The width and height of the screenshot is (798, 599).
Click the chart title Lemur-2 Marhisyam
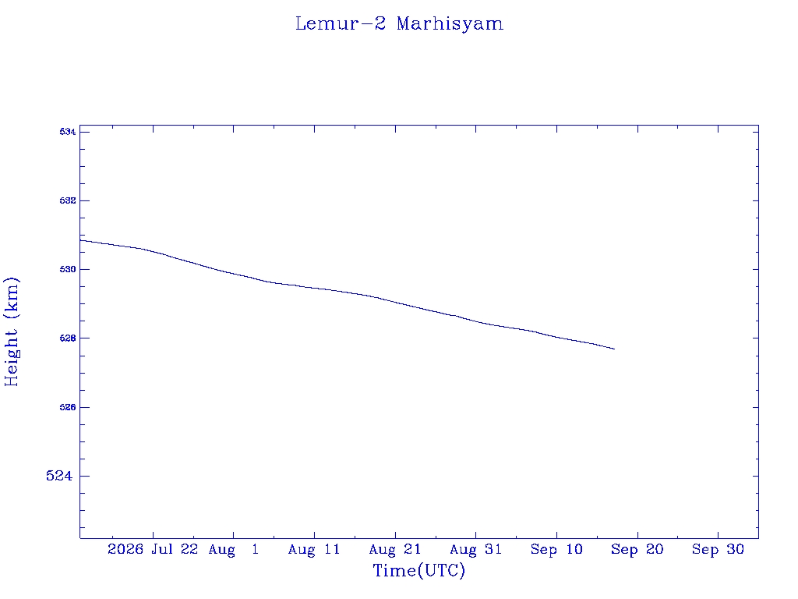[x=399, y=23]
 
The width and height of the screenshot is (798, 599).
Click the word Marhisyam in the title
[x=450, y=24]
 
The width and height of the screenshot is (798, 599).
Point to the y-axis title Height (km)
[x=12, y=331]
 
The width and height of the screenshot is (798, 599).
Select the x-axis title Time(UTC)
[x=418, y=570]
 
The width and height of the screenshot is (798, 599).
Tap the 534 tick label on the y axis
[x=68, y=132]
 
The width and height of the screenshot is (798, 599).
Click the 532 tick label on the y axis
[x=68, y=200]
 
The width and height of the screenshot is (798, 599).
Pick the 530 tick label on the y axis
[x=68, y=269]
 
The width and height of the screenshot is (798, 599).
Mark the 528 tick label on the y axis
[x=68, y=338]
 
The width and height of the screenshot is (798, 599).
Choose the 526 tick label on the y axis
[x=68, y=407]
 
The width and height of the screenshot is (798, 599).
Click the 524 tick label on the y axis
[x=59, y=476]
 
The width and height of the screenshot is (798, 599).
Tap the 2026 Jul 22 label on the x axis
[x=153, y=549]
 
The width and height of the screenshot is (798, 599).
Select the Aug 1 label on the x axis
[x=234, y=550]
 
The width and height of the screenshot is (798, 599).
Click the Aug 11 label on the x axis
[x=314, y=550]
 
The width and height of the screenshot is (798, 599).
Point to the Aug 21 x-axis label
[x=395, y=550]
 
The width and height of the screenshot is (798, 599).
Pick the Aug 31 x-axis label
[x=476, y=550]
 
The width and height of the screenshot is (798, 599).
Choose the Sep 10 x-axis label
[x=556, y=550]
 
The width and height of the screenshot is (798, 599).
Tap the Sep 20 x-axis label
[x=637, y=550]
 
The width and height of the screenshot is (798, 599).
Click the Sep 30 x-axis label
[x=718, y=550]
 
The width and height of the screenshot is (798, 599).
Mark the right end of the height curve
[x=615, y=349]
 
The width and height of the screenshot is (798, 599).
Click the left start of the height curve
[x=80, y=240]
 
